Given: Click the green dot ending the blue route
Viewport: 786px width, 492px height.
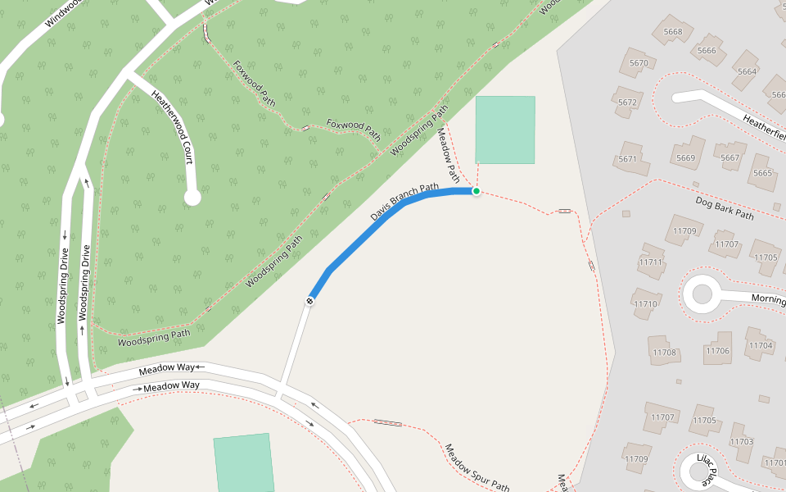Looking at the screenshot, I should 476,191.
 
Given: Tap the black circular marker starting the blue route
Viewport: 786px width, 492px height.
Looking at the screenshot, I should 310,301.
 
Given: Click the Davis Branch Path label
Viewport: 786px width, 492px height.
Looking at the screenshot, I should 404,202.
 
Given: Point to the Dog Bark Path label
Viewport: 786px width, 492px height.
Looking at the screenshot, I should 724,207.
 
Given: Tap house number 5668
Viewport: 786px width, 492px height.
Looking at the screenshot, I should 673,33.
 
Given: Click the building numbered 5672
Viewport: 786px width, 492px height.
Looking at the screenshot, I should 628,103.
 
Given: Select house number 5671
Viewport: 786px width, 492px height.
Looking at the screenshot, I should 628,158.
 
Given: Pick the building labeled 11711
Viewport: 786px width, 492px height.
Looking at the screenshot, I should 652,262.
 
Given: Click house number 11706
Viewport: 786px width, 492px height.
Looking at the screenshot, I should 717,351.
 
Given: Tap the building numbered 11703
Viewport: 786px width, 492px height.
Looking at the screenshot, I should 741,441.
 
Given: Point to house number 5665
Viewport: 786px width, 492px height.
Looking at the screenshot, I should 762,173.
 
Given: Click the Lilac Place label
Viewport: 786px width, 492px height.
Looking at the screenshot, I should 705,469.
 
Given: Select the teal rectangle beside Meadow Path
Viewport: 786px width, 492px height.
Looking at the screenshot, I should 505,130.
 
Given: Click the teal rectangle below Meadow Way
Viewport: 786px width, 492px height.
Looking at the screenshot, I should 243,463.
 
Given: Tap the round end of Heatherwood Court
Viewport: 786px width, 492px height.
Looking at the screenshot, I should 192,197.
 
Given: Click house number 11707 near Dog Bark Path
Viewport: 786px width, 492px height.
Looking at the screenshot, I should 726,244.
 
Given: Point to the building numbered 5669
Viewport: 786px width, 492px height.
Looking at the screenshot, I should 686,158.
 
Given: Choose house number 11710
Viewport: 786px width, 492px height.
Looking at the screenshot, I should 645,304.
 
